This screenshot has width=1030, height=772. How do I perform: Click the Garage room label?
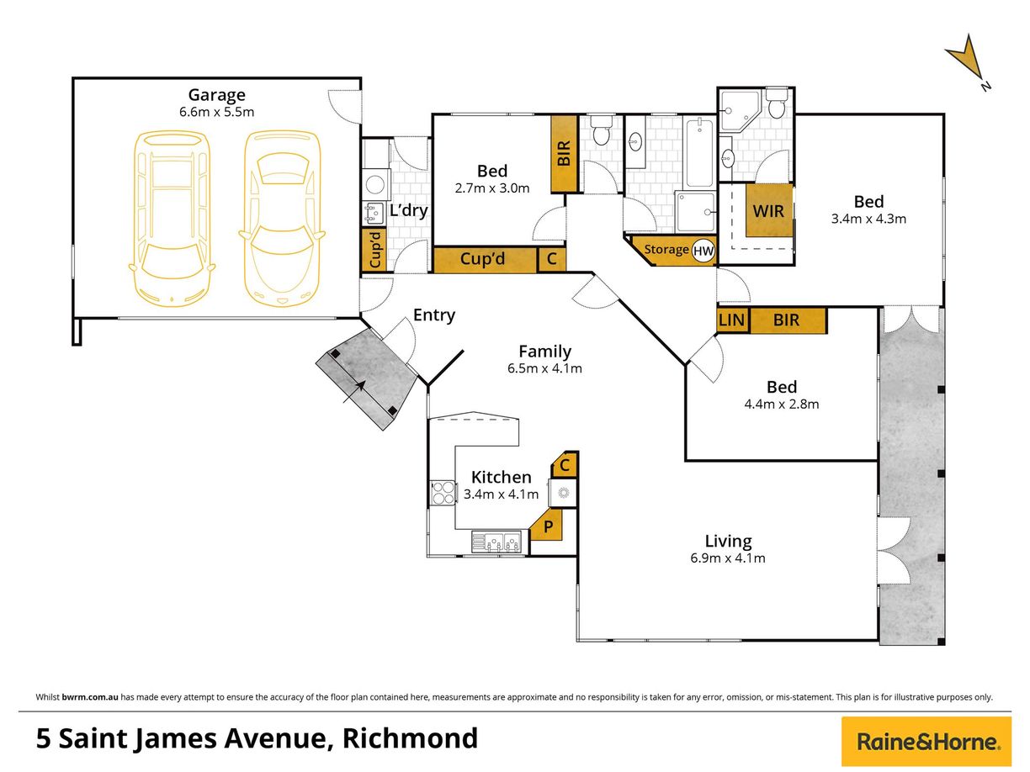click(x=216, y=95)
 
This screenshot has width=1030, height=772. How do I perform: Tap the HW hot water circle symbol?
click(x=703, y=250)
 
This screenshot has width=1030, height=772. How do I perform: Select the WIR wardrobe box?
click(x=769, y=210)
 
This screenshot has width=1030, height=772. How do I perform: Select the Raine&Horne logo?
click(x=926, y=742)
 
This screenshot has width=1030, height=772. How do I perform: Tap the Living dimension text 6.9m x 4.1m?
click(x=729, y=558)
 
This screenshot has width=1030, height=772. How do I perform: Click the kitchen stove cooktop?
click(x=442, y=492)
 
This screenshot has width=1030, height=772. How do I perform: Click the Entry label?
click(x=433, y=315)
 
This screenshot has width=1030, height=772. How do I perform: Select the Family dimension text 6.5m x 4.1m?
click(x=544, y=368)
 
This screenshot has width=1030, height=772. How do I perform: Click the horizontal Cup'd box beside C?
click(x=485, y=260)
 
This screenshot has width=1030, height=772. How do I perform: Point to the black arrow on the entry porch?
click(x=360, y=387)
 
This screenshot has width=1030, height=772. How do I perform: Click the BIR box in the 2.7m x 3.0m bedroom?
click(x=562, y=153)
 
